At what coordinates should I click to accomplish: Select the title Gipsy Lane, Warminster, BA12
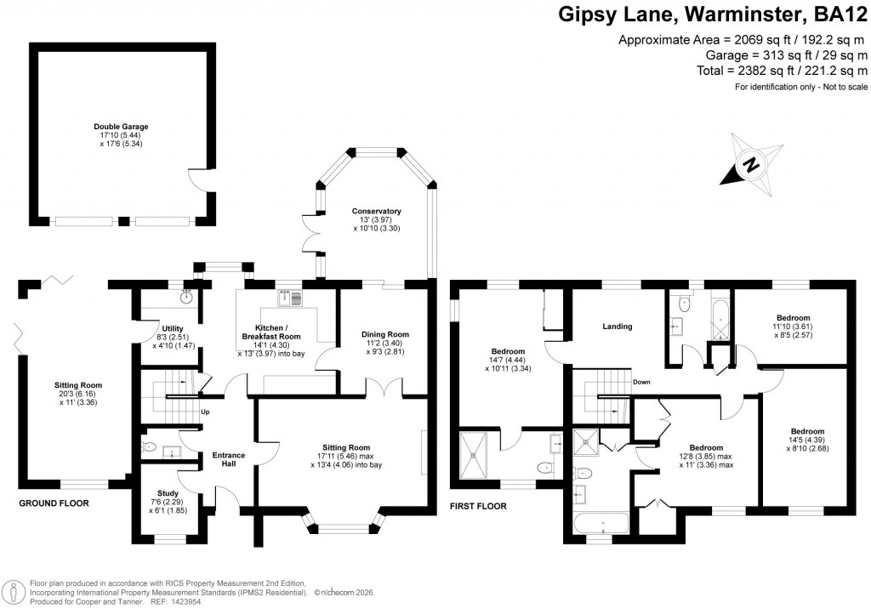click(712, 14)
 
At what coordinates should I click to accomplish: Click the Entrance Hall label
click(228, 460)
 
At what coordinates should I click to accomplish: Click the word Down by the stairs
click(641, 382)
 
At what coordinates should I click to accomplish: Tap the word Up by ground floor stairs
click(204, 413)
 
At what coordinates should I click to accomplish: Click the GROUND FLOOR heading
click(54, 503)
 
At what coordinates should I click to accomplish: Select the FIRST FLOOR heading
click(478, 506)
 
